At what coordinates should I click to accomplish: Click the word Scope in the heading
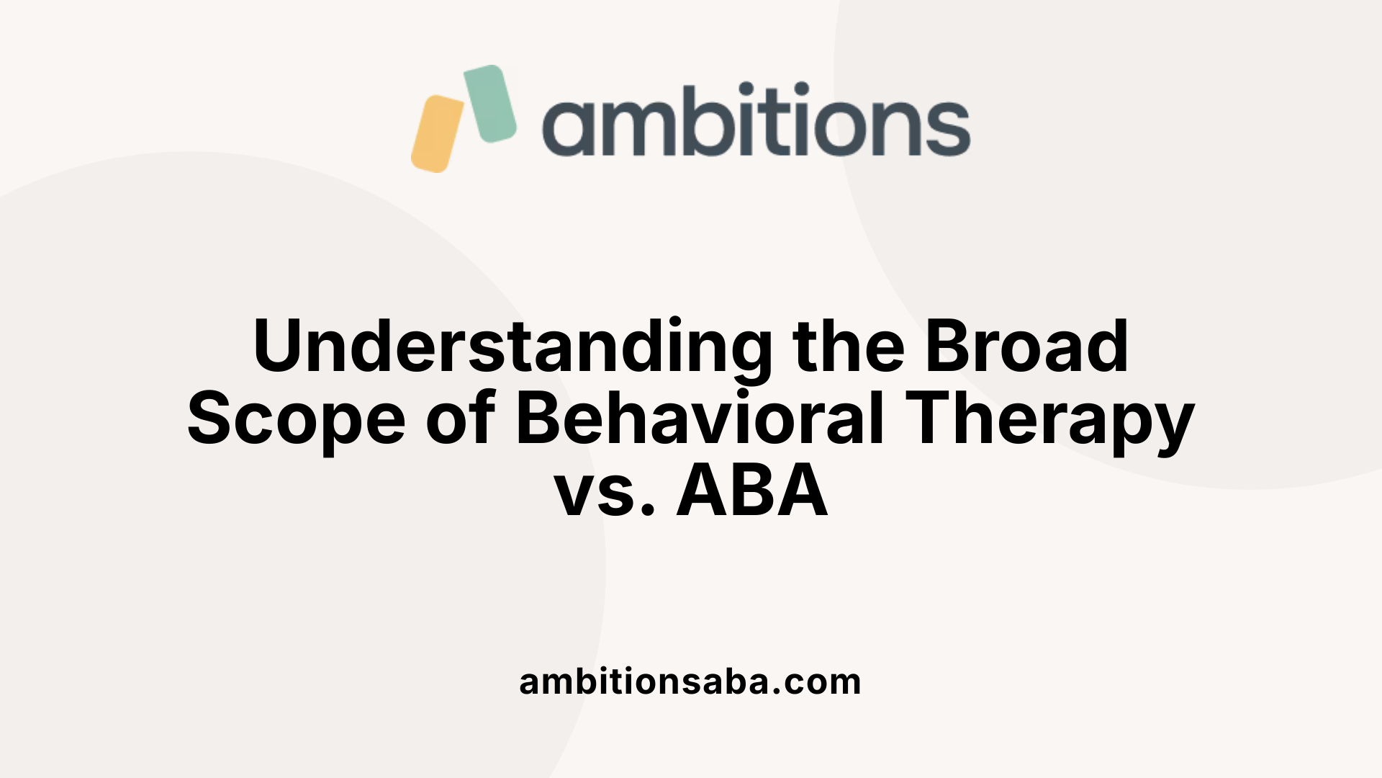[x=296, y=421]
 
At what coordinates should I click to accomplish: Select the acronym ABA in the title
[x=752, y=491]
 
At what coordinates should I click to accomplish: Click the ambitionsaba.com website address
[x=690, y=681]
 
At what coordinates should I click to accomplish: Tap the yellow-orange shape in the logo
[x=437, y=133]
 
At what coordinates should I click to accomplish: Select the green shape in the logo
[x=490, y=103]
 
